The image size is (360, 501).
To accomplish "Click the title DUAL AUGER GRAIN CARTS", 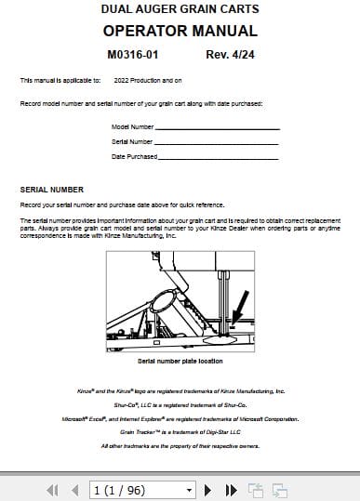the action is point(180,9).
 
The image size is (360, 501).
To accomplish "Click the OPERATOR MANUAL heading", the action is point(180,31).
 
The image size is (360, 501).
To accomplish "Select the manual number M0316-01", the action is point(133,54).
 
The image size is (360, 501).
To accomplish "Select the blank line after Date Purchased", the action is point(220,156).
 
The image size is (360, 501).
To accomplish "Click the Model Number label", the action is point(133,126).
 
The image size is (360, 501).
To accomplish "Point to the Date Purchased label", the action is point(134,156).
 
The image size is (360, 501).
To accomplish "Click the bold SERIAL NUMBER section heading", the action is point(51,189).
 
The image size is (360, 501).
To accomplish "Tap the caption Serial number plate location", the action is point(180,360).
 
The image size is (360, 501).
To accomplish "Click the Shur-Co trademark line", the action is point(180,405).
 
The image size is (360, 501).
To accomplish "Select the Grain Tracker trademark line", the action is point(180,432).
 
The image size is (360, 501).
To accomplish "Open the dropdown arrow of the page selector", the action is point(189,489).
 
